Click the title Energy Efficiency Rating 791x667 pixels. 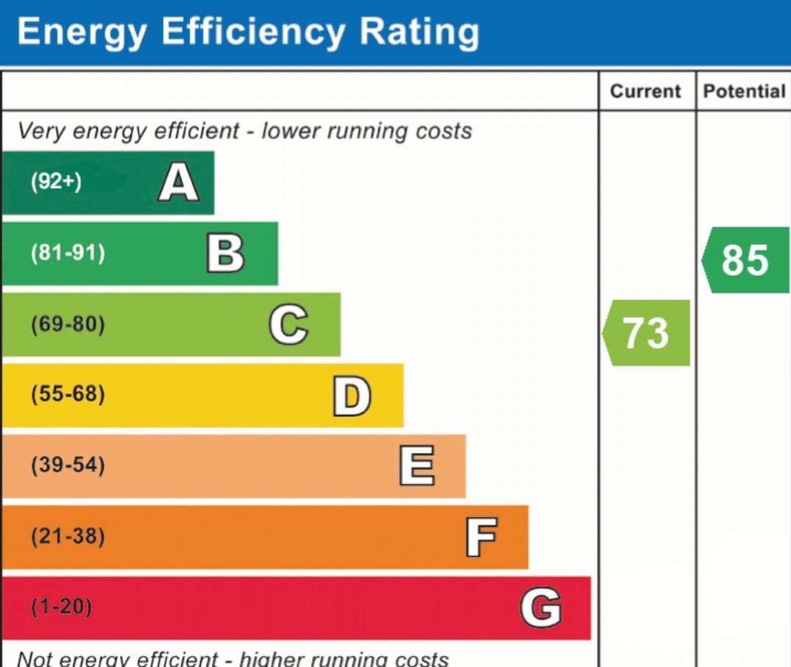click(248, 33)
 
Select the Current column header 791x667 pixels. click(646, 92)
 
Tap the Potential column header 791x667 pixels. click(744, 92)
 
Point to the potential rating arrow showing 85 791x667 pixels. click(745, 260)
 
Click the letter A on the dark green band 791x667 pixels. click(179, 183)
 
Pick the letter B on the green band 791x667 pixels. click(225, 254)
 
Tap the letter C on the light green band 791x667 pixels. click(288, 325)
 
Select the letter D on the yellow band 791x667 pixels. click(351, 396)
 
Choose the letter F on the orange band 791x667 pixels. click(481, 538)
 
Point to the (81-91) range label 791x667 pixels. click(68, 254)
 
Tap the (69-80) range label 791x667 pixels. click(68, 324)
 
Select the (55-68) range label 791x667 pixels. click(68, 395)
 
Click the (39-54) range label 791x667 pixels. click(68, 466)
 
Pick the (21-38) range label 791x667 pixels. click(68, 537)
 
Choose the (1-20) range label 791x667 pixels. click(62, 607)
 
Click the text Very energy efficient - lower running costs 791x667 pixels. click(244, 132)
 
